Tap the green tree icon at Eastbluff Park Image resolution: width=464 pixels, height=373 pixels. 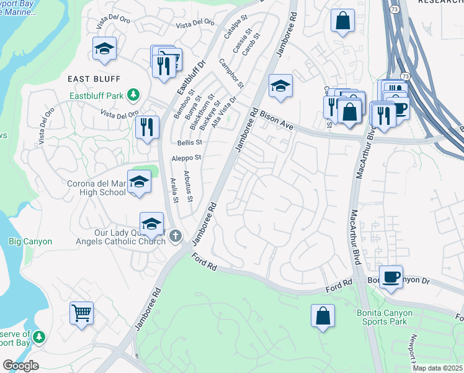coord(132,94)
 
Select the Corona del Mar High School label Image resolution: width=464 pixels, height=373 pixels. coord(96,187)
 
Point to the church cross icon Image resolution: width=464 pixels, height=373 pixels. coord(176,236)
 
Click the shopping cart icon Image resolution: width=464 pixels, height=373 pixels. coord(81,313)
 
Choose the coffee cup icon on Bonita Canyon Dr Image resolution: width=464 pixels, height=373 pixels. coord(391,277)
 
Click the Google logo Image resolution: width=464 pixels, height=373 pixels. coord(20,366)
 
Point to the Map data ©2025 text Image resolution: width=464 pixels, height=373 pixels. coord(437,368)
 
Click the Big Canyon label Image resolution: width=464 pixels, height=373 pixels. coord(30,241)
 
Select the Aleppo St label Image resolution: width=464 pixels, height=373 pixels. coord(187,158)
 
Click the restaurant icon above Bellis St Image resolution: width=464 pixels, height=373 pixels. coord(148,127)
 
